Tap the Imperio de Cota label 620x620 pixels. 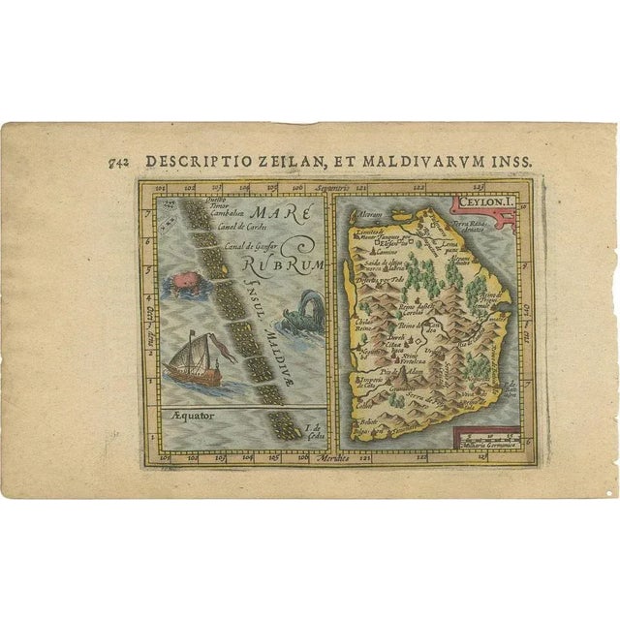click(372, 387)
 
